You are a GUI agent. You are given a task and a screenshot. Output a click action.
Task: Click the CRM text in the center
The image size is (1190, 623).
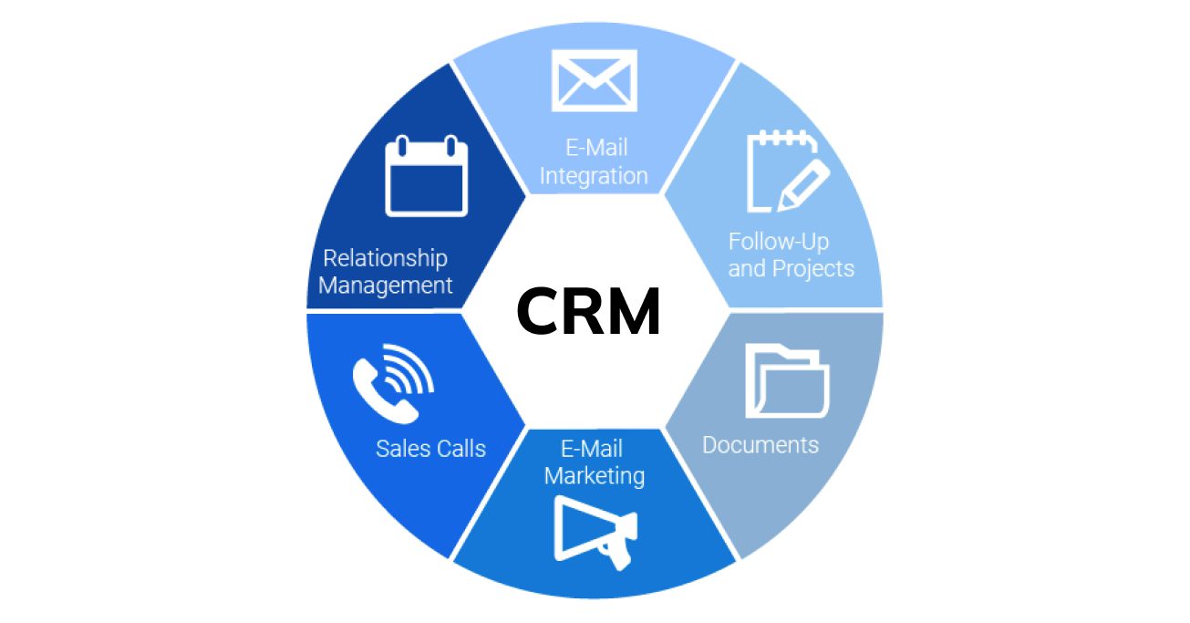(589, 311)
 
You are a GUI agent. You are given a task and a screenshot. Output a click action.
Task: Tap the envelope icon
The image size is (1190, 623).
(595, 81)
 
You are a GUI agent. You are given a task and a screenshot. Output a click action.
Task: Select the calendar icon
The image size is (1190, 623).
(426, 176)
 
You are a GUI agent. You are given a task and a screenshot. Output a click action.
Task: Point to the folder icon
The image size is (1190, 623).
(787, 380)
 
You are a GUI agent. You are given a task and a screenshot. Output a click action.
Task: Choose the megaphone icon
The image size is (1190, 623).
(595, 534)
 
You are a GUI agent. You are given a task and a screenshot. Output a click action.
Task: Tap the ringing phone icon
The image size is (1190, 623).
(393, 384)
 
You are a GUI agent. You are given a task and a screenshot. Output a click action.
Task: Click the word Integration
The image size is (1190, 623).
(594, 176)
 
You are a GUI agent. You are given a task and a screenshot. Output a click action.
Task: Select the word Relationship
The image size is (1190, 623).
(385, 258)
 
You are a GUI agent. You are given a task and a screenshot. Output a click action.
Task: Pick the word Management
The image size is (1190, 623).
(385, 286)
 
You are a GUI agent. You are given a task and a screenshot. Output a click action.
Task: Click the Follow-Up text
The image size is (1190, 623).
(778, 242)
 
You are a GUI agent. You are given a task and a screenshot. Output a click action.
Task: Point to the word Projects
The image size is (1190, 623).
(812, 269)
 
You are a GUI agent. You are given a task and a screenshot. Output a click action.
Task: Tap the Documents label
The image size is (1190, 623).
(761, 445)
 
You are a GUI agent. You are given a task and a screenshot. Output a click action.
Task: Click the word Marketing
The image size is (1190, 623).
(595, 476)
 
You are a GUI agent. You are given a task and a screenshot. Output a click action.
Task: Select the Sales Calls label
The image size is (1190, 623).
(430, 449)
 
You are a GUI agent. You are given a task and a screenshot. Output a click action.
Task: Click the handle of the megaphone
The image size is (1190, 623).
(618, 559)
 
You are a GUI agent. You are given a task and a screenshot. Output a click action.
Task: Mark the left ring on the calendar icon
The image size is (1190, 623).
(402, 146)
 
